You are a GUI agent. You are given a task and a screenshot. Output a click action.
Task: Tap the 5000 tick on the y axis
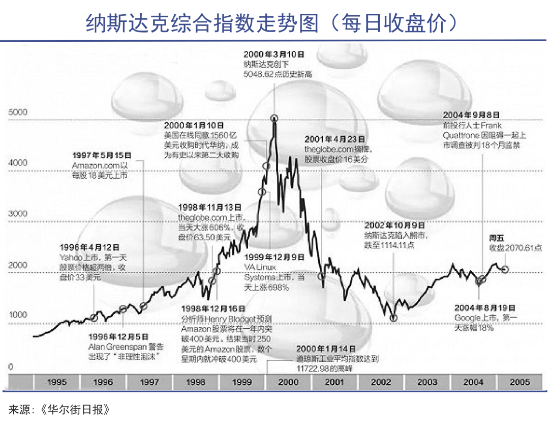click(x=18, y=112)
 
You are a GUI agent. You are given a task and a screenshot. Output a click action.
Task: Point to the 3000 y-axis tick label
click(x=18, y=214)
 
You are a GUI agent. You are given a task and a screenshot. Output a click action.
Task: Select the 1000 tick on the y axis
click(x=18, y=315)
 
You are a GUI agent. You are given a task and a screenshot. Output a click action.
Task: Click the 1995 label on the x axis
click(x=56, y=382)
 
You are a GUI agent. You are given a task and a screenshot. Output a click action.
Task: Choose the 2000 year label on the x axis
click(x=288, y=382)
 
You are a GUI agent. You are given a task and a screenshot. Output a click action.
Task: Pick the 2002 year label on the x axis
click(x=381, y=382)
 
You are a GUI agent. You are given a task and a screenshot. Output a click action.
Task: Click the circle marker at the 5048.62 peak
click(x=274, y=118)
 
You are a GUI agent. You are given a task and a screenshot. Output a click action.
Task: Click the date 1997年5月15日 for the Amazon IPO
click(x=102, y=155)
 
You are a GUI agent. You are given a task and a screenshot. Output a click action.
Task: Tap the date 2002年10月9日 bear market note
click(x=394, y=224)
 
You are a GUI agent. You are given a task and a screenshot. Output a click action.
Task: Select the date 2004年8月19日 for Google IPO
click(x=485, y=308)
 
